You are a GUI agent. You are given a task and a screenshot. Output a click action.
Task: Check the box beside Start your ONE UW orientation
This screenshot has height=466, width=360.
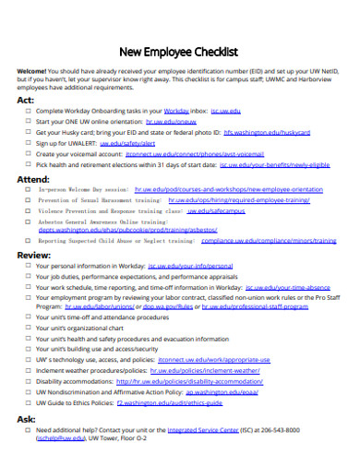pos(29,121)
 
